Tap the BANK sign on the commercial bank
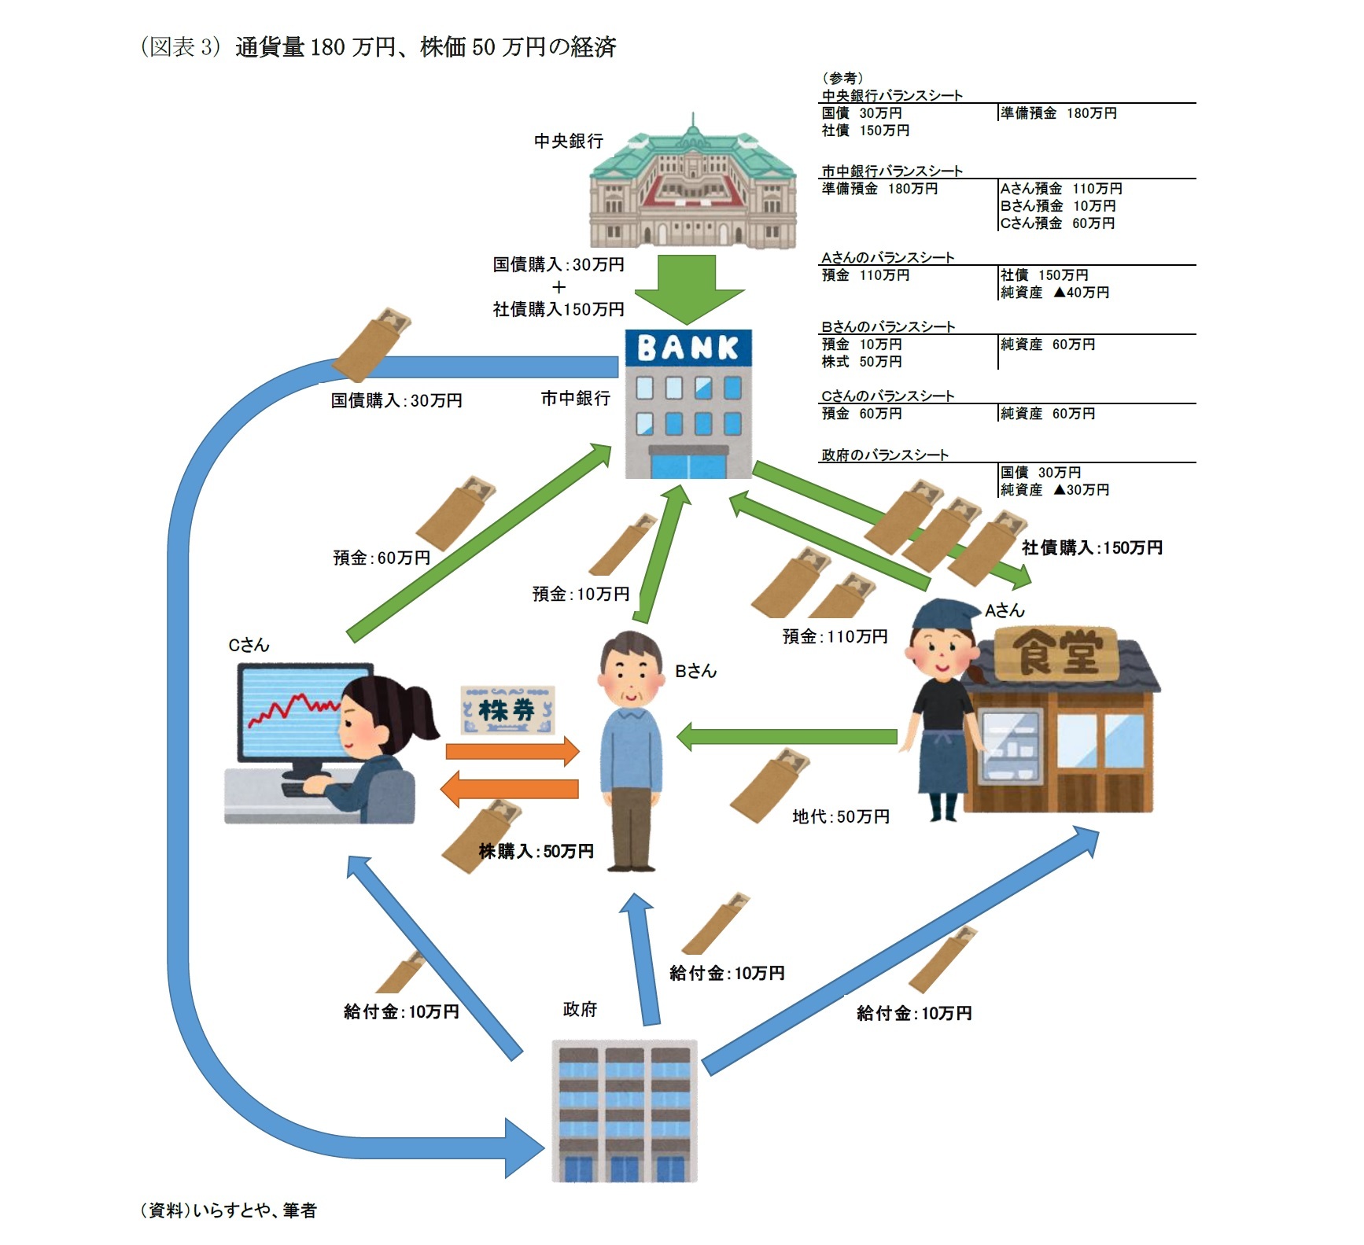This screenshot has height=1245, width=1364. point(688,348)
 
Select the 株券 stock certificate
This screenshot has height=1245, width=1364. point(507,711)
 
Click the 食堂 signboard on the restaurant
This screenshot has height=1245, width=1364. point(1056,652)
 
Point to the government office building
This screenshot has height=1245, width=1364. point(625,1111)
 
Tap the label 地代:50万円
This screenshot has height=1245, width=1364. point(840,817)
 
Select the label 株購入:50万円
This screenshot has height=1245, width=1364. point(536,851)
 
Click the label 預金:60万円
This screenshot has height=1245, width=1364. point(382,558)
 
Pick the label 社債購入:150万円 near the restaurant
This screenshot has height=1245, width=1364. point(1092,547)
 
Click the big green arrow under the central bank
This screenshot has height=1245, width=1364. point(688,288)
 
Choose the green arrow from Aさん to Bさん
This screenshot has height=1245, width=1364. point(787,736)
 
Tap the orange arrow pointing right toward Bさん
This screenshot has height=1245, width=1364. point(512,750)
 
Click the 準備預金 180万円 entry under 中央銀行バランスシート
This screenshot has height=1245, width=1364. point(1058,113)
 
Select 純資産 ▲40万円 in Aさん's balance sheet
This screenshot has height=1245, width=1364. point(1054,293)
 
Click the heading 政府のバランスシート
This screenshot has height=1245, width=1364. point(885,455)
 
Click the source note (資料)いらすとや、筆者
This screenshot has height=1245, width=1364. point(228,1210)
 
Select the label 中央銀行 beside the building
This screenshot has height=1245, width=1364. point(568,141)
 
